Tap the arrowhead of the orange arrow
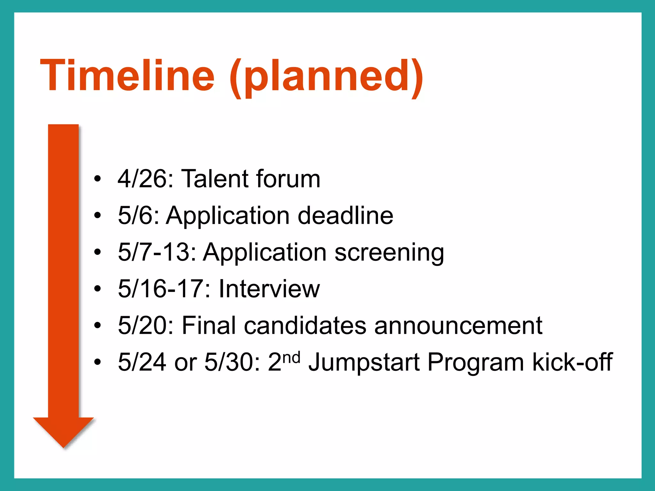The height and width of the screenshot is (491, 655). pos(63,432)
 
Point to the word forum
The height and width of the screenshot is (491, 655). pos(288,179)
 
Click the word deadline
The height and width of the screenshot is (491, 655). pos(345,215)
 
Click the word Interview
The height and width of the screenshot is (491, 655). pos(269,289)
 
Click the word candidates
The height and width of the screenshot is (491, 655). pos(305,326)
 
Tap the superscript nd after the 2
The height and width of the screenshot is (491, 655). pos(292,357)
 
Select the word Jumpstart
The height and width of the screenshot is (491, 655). pos(364,363)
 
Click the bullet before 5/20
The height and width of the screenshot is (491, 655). pos(98,326)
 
